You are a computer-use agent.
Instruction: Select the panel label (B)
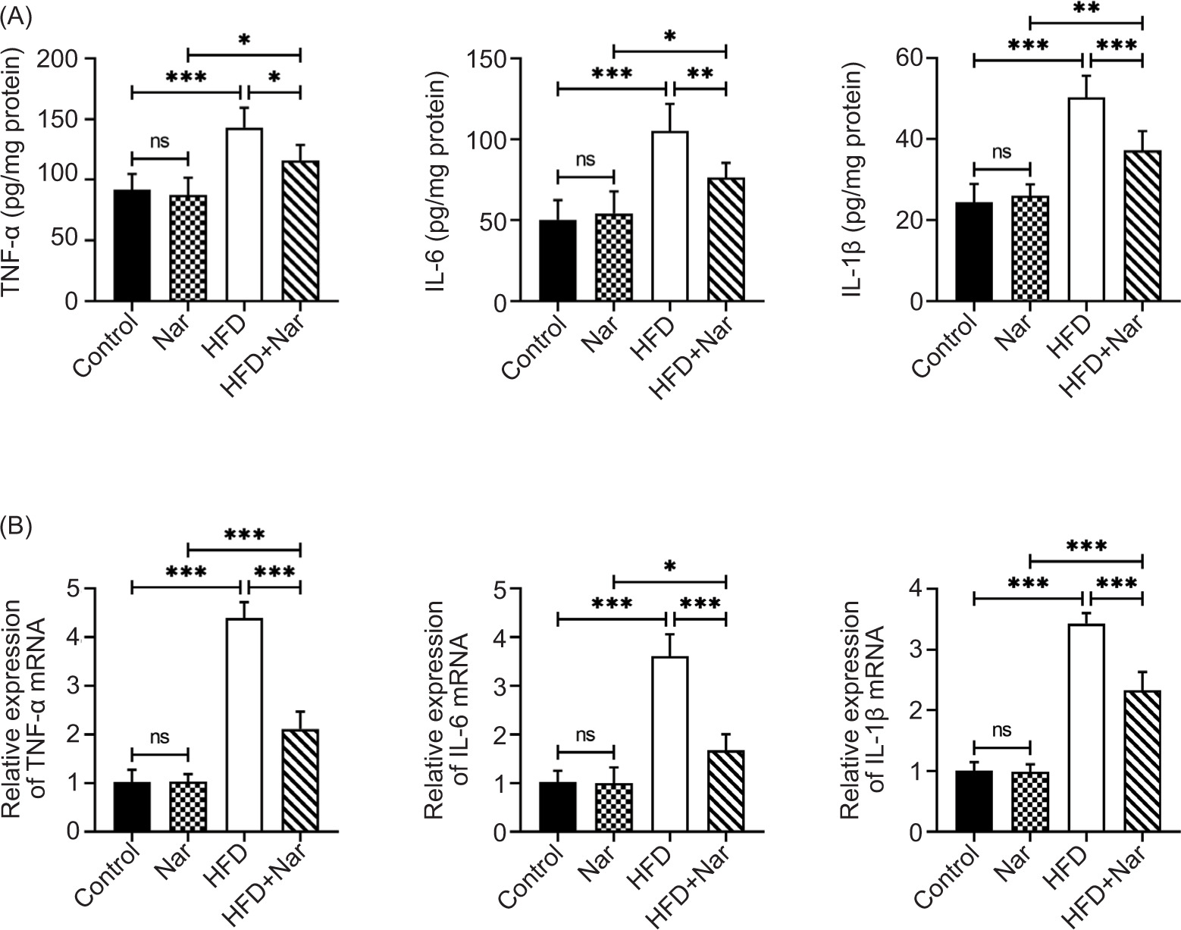click(x=16, y=525)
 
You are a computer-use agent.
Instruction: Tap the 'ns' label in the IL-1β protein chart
click(x=1001, y=152)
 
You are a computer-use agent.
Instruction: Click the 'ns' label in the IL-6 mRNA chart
click(x=585, y=734)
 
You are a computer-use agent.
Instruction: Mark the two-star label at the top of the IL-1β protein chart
click(x=1085, y=7)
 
